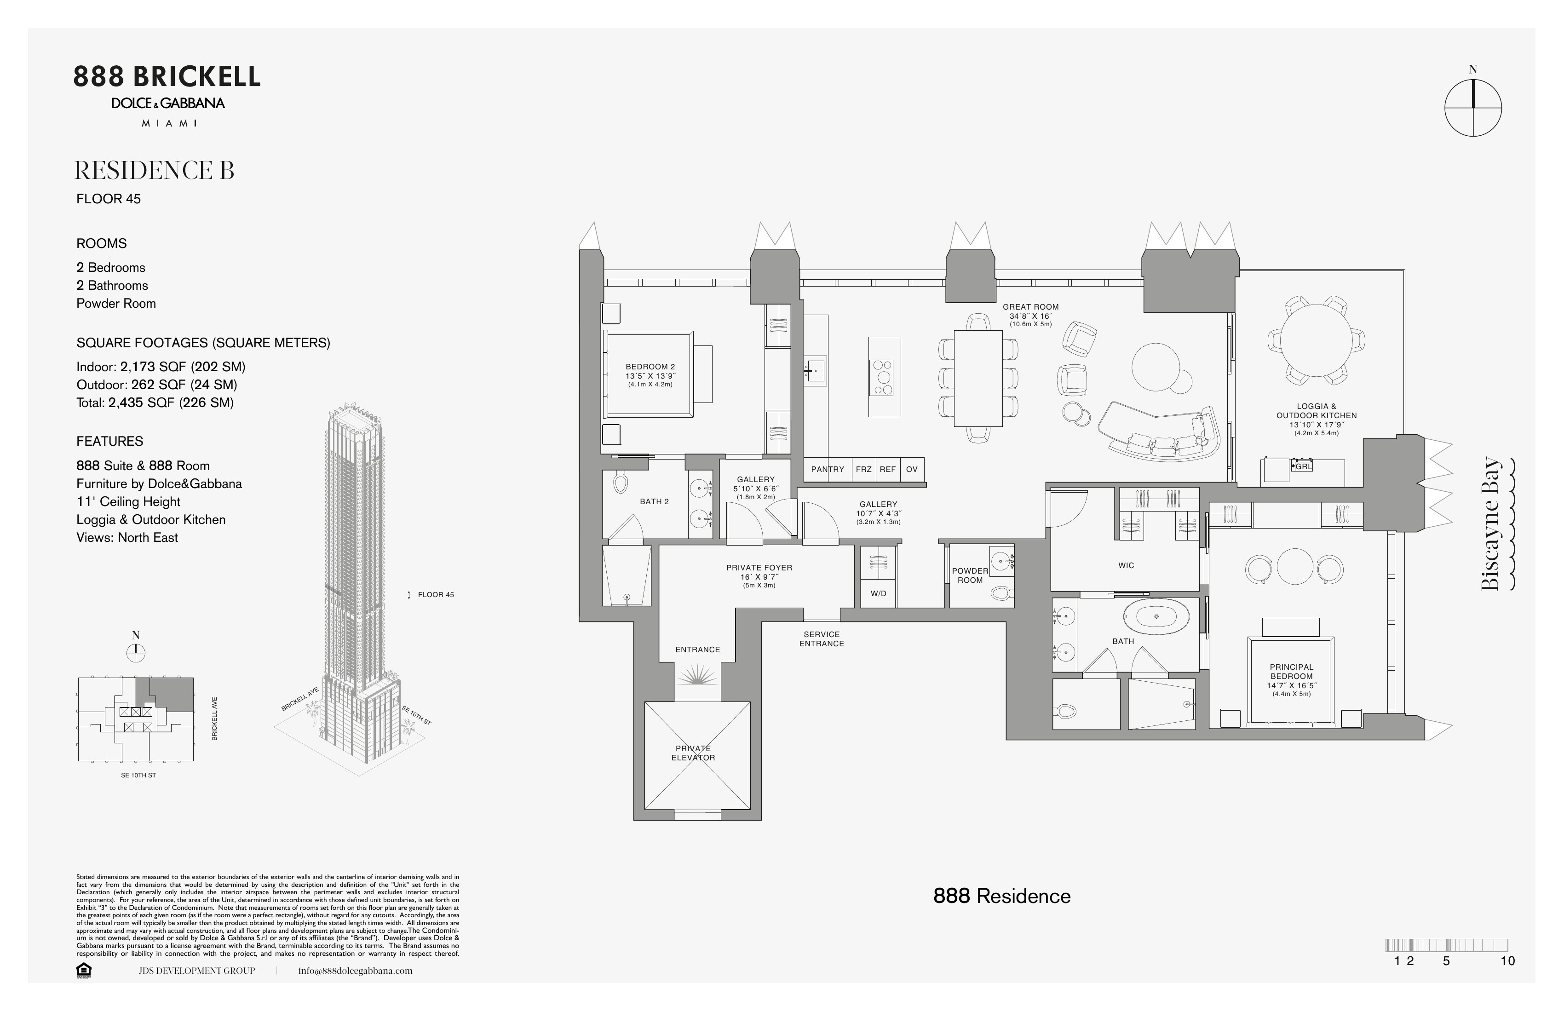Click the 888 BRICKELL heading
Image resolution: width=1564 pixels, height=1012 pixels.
(x=167, y=77)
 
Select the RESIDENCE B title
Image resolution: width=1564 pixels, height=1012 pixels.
(x=155, y=171)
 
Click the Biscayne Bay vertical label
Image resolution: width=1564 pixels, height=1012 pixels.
(x=1492, y=524)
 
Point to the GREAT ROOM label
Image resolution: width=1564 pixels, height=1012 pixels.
(x=1030, y=307)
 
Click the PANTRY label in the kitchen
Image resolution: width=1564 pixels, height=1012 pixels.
(x=828, y=469)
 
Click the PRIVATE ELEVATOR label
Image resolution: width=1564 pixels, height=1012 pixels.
(x=693, y=753)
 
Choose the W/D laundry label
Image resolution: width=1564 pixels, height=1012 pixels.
(x=878, y=593)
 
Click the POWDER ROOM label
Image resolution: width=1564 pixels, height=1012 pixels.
(x=970, y=575)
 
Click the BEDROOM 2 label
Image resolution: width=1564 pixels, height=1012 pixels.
(x=650, y=367)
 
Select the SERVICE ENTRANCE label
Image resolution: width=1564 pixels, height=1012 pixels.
(x=822, y=639)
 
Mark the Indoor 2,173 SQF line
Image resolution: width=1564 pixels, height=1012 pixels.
(x=161, y=367)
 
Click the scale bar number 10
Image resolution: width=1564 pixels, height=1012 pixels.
(x=1507, y=961)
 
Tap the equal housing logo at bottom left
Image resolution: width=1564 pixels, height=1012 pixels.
(x=84, y=971)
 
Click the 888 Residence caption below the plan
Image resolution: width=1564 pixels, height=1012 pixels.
(x=1001, y=897)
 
